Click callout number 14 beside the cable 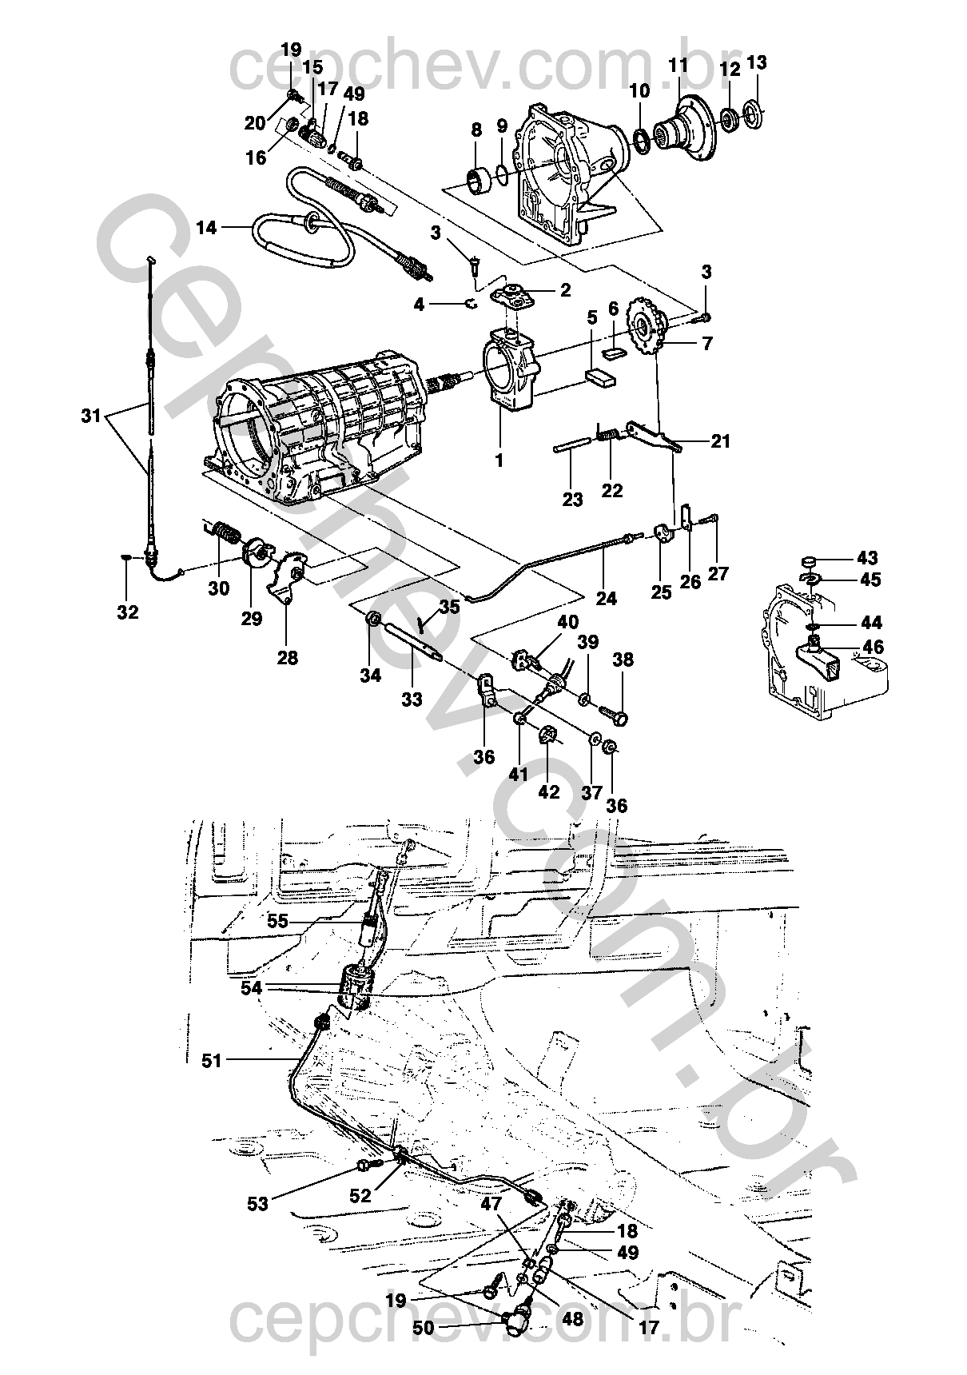click(x=206, y=229)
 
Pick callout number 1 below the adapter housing click(x=500, y=460)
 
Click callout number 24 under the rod click(x=607, y=597)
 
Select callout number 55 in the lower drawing click(x=277, y=921)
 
